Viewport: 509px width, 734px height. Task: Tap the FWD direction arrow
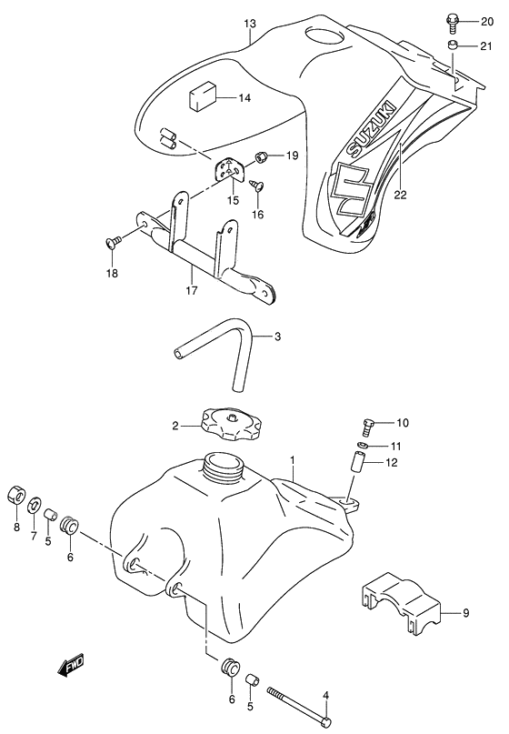(70, 669)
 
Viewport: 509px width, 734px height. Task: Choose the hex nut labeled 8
(16, 497)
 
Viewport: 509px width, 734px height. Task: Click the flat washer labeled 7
(35, 504)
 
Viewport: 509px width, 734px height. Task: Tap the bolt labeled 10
(367, 424)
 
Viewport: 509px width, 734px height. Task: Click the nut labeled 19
(262, 158)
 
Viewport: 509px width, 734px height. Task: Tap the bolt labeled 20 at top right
(452, 18)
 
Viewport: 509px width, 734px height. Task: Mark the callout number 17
(192, 292)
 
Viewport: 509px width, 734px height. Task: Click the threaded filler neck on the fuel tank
(221, 468)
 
